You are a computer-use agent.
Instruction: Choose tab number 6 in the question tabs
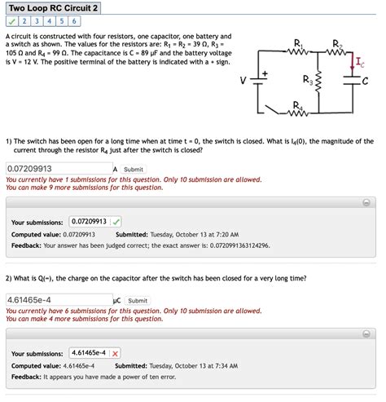pos(73,21)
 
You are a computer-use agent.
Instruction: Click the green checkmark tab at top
pos(11,21)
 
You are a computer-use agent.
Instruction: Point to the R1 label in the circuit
pos(297,42)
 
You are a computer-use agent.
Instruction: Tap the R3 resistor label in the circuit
pos(306,80)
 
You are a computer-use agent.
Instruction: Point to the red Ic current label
pos(359,60)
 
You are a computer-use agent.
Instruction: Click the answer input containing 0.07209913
pos(57,169)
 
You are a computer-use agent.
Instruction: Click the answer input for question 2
pos(57,300)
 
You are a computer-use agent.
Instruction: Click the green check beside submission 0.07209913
pos(116,221)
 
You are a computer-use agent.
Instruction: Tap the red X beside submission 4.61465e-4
pos(116,353)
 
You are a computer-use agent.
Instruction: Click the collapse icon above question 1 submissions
pos(366,201)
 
